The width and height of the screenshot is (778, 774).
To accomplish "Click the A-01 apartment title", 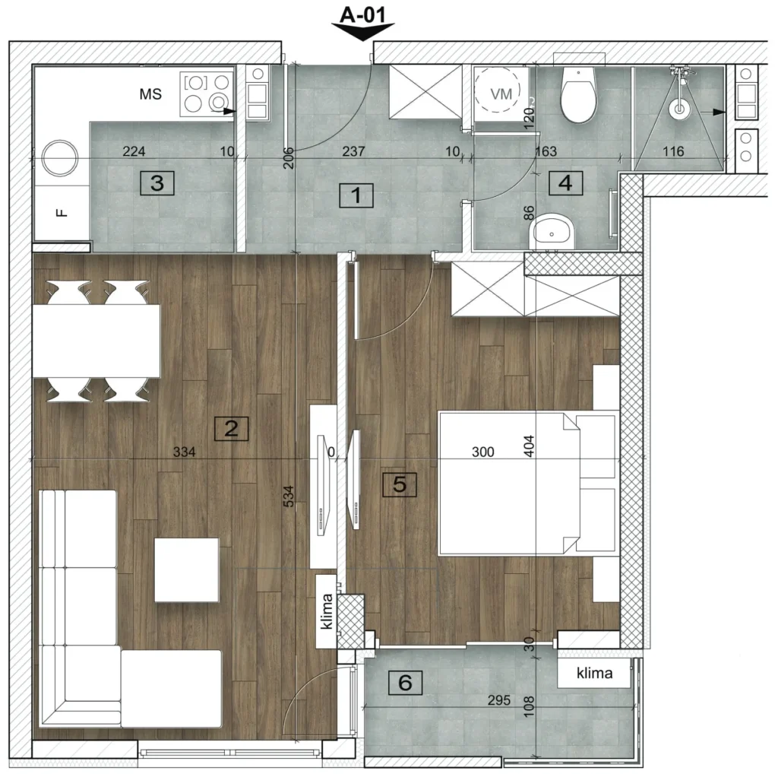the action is pyautogui.click(x=362, y=15).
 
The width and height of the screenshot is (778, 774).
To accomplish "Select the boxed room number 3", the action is pyautogui.click(x=157, y=182).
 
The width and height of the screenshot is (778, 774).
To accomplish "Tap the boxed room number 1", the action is pyautogui.click(x=356, y=195).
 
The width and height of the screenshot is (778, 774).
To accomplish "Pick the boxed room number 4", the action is pyautogui.click(x=565, y=183).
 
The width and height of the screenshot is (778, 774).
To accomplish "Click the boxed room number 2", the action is pyautogui.click(x=231, y=429).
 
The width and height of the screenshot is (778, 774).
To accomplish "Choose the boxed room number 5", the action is pyautogui.click(x=400, y=484).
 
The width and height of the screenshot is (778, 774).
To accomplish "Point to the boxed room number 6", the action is pyautogui.click(x=405, y=683).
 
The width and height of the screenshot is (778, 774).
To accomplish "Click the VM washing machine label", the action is pyautogui.click(x=501, y=94).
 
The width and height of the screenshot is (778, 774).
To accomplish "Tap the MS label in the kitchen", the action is pyautogui.click(x=150, y=94).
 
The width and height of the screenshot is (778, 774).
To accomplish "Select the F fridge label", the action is pyautogui.click(x=61, y=213).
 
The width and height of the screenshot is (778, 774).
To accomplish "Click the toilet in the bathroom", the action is pyautogui.click(x=578, y=95).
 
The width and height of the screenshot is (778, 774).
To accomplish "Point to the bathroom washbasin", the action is pyautogui.click(x=552, y=232).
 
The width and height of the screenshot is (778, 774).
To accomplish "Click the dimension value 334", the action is pyautogui.click(x=184, y=452).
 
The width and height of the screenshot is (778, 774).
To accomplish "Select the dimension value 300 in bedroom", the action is pyautogui.click(x=482, y=452).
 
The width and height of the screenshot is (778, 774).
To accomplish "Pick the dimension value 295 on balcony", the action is pyautogui.click(x=498, y=700).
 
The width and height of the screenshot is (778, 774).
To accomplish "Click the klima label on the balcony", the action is pyautogui.click(x=594, y=673).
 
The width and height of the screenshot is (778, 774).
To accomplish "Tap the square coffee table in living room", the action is pyautogui.click(x=187, y=570).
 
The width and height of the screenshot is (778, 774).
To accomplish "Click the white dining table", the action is pyautogui.click(x=96, y=341).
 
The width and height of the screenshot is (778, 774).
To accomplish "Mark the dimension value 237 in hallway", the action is pyautogui.click(x=353, y=151).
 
